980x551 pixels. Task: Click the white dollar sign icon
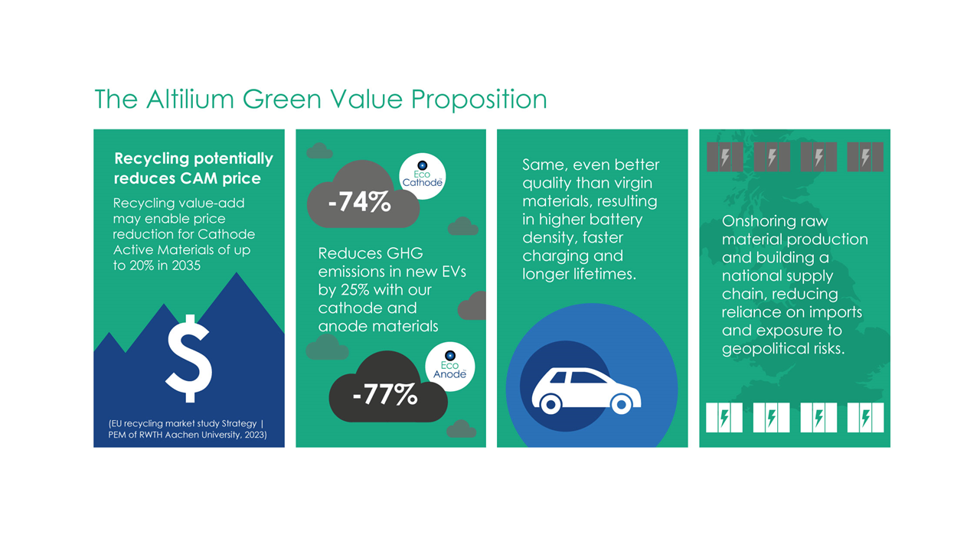[188, 359]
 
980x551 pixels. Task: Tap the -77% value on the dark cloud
[385, 395]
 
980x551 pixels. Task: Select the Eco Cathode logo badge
[422, 176]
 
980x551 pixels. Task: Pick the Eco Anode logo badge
[449, 367]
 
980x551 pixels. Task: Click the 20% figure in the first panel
[144, 266]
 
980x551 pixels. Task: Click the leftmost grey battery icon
[724, 157]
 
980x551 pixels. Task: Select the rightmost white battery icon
[865, 418]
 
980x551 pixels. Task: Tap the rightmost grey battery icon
[865, 157]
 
